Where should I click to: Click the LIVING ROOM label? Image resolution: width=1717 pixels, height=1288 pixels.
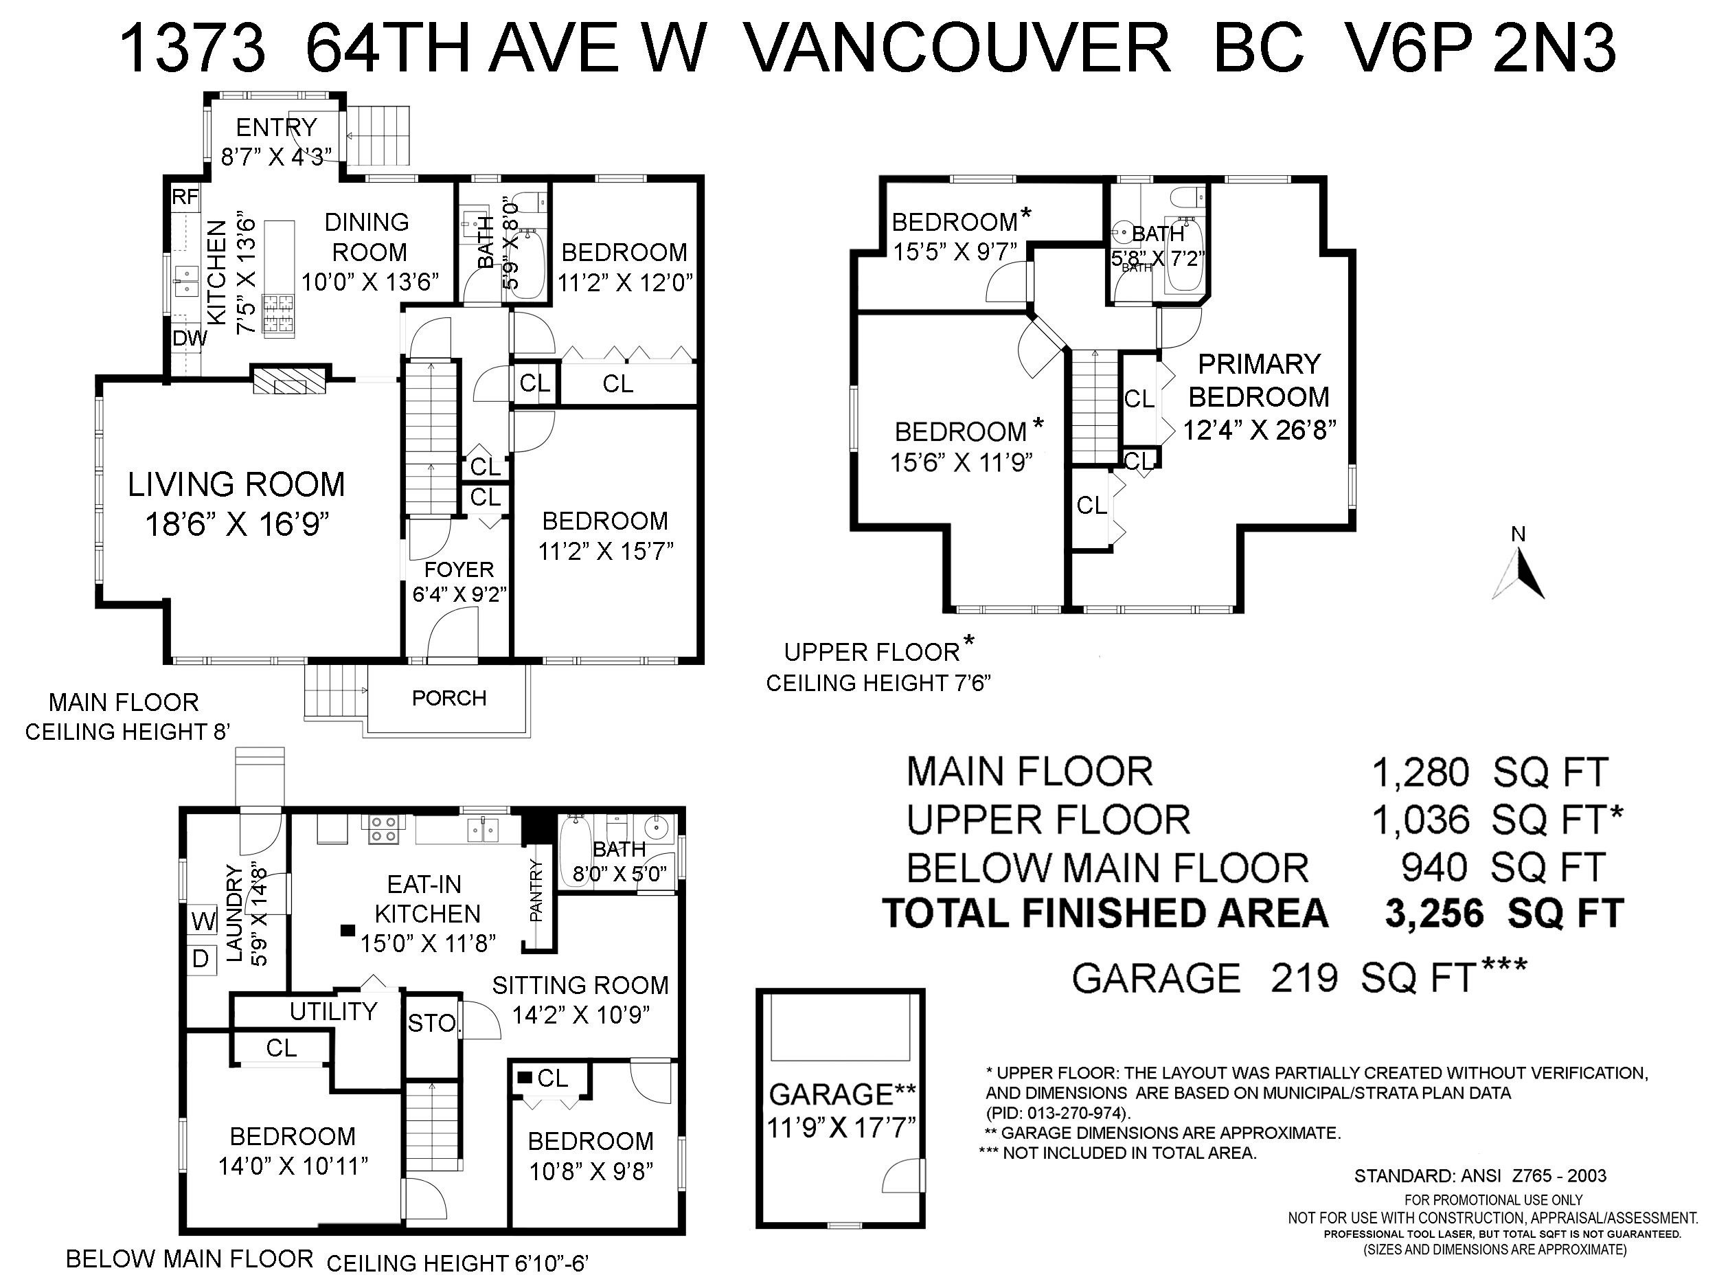coord(236,485)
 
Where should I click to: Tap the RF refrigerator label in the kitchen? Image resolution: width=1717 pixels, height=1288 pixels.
coord(185,197)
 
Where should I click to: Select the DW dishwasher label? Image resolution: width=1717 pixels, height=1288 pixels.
coord(190,339)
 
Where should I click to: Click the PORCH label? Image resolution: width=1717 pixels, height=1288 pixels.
coord(448,698)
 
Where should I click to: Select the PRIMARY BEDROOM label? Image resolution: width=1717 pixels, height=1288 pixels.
coord(1258,381)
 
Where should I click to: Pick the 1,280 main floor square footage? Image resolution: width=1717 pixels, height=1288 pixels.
coord(1420,773)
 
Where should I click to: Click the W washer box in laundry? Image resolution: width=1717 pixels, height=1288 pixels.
coord(203,923)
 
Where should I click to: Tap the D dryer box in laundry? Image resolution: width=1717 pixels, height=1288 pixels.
coord(201,959)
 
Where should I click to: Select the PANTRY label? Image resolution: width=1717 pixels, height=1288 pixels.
coord(536,890)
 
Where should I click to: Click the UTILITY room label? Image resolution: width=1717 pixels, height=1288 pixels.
coord(333,1011)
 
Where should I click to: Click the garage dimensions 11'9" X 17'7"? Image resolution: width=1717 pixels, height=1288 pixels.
coord(841,1127)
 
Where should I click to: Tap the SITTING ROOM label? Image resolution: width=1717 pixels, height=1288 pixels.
coord(580,985)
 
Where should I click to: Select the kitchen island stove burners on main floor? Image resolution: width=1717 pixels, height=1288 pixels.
coord(279,315)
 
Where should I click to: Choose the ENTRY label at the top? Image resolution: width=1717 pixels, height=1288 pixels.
coord(276,126)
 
